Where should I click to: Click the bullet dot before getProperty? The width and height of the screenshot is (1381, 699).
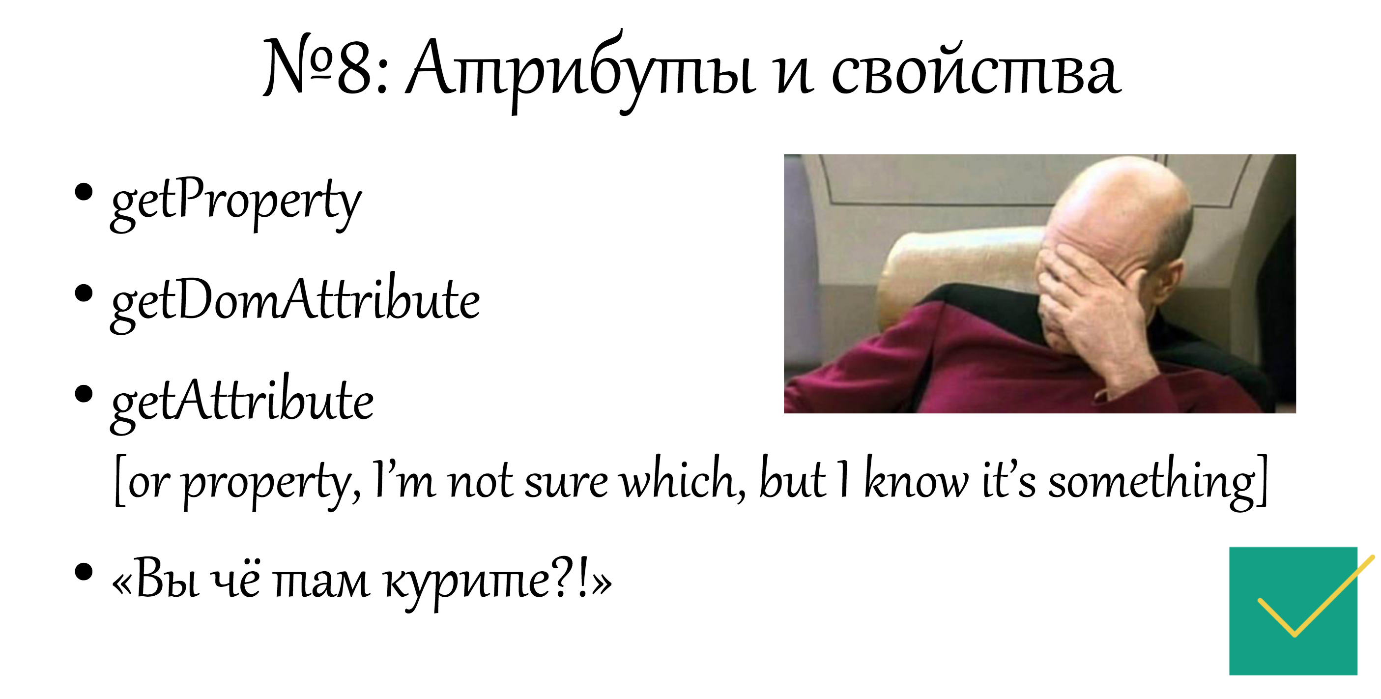[x=84, y=192]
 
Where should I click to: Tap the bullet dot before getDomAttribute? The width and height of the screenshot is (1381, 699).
[x=84, y=292]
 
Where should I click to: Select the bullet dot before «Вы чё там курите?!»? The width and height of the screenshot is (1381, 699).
[x=84, y=571]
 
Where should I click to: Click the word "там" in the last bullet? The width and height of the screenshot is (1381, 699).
[x=322, y=582]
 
